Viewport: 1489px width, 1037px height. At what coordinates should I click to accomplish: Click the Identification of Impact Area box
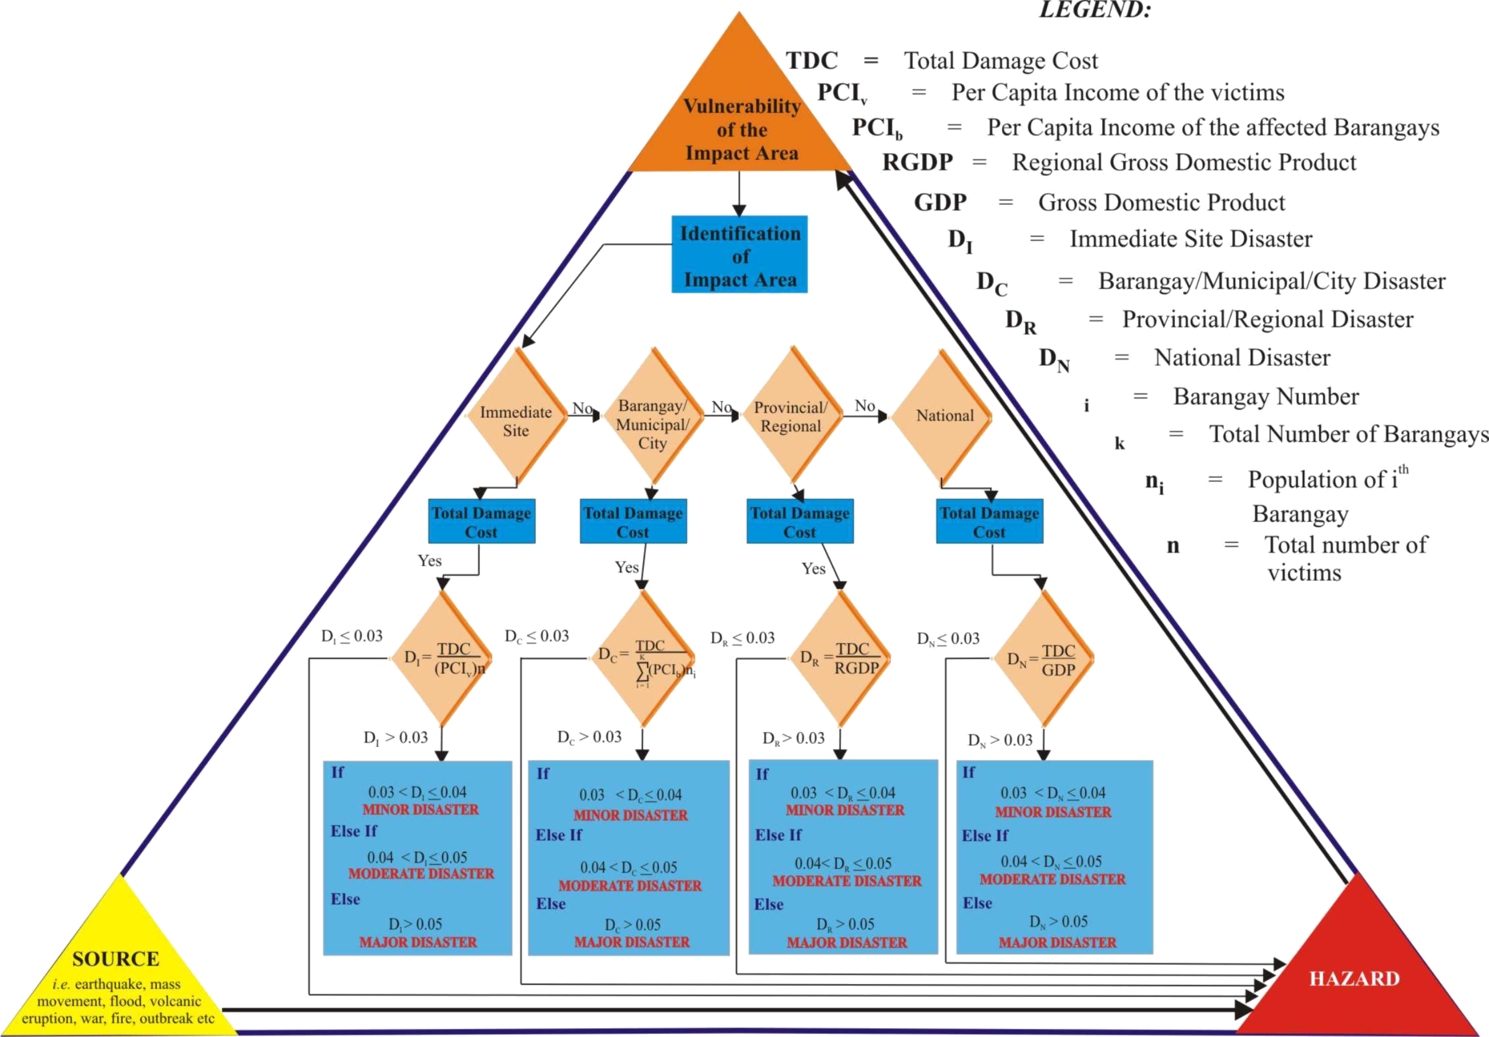click(x=739, y=254)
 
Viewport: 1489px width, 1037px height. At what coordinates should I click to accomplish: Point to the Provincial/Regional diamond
click(x=791, y=416)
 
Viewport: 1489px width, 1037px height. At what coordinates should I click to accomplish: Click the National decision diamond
click(x=943, y=415)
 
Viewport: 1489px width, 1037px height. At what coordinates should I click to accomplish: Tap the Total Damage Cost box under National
click(x=990, y=521)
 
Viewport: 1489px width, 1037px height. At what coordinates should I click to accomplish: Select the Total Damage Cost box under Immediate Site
click(x=481, y=521)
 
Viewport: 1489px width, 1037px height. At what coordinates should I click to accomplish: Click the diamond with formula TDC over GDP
click(x=1043, y=660)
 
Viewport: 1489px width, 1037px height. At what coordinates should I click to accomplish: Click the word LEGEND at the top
click(x=1095, y=10)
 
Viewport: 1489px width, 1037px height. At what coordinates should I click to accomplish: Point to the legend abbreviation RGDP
click(x=917, y=162)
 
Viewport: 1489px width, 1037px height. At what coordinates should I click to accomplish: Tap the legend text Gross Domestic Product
click(x=1161, y=202)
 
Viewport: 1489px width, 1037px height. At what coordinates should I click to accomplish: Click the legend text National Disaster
click(x=1242, y=358)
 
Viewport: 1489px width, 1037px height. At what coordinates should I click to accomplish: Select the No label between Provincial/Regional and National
click(x=865, y=406)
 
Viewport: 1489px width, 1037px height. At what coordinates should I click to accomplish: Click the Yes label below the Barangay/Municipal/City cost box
click(x=627, y=567)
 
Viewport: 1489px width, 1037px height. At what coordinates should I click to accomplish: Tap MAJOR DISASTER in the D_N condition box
click(x=1057, y=942)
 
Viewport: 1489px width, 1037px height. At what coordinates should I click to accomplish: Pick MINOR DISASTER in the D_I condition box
click(x=420, y=809)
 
